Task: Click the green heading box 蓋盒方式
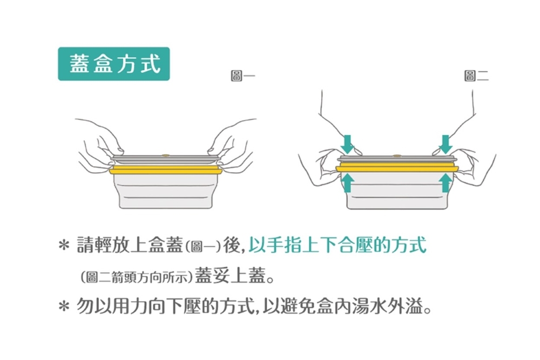[x=114, y=64]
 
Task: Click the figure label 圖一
[x=241, y=77]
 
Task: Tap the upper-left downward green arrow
[x=348, y=144]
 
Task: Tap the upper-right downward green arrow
[x=446, y=144]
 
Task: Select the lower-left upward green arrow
[x=348, y=182]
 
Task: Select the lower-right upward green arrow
[x=446, y=182]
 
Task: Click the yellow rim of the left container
[x=166, y=171]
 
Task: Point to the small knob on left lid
[x=166, y=156]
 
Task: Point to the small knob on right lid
[x=397, y=155]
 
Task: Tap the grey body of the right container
[x=397, y=192]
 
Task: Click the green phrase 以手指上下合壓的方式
[x=337, y=246]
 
